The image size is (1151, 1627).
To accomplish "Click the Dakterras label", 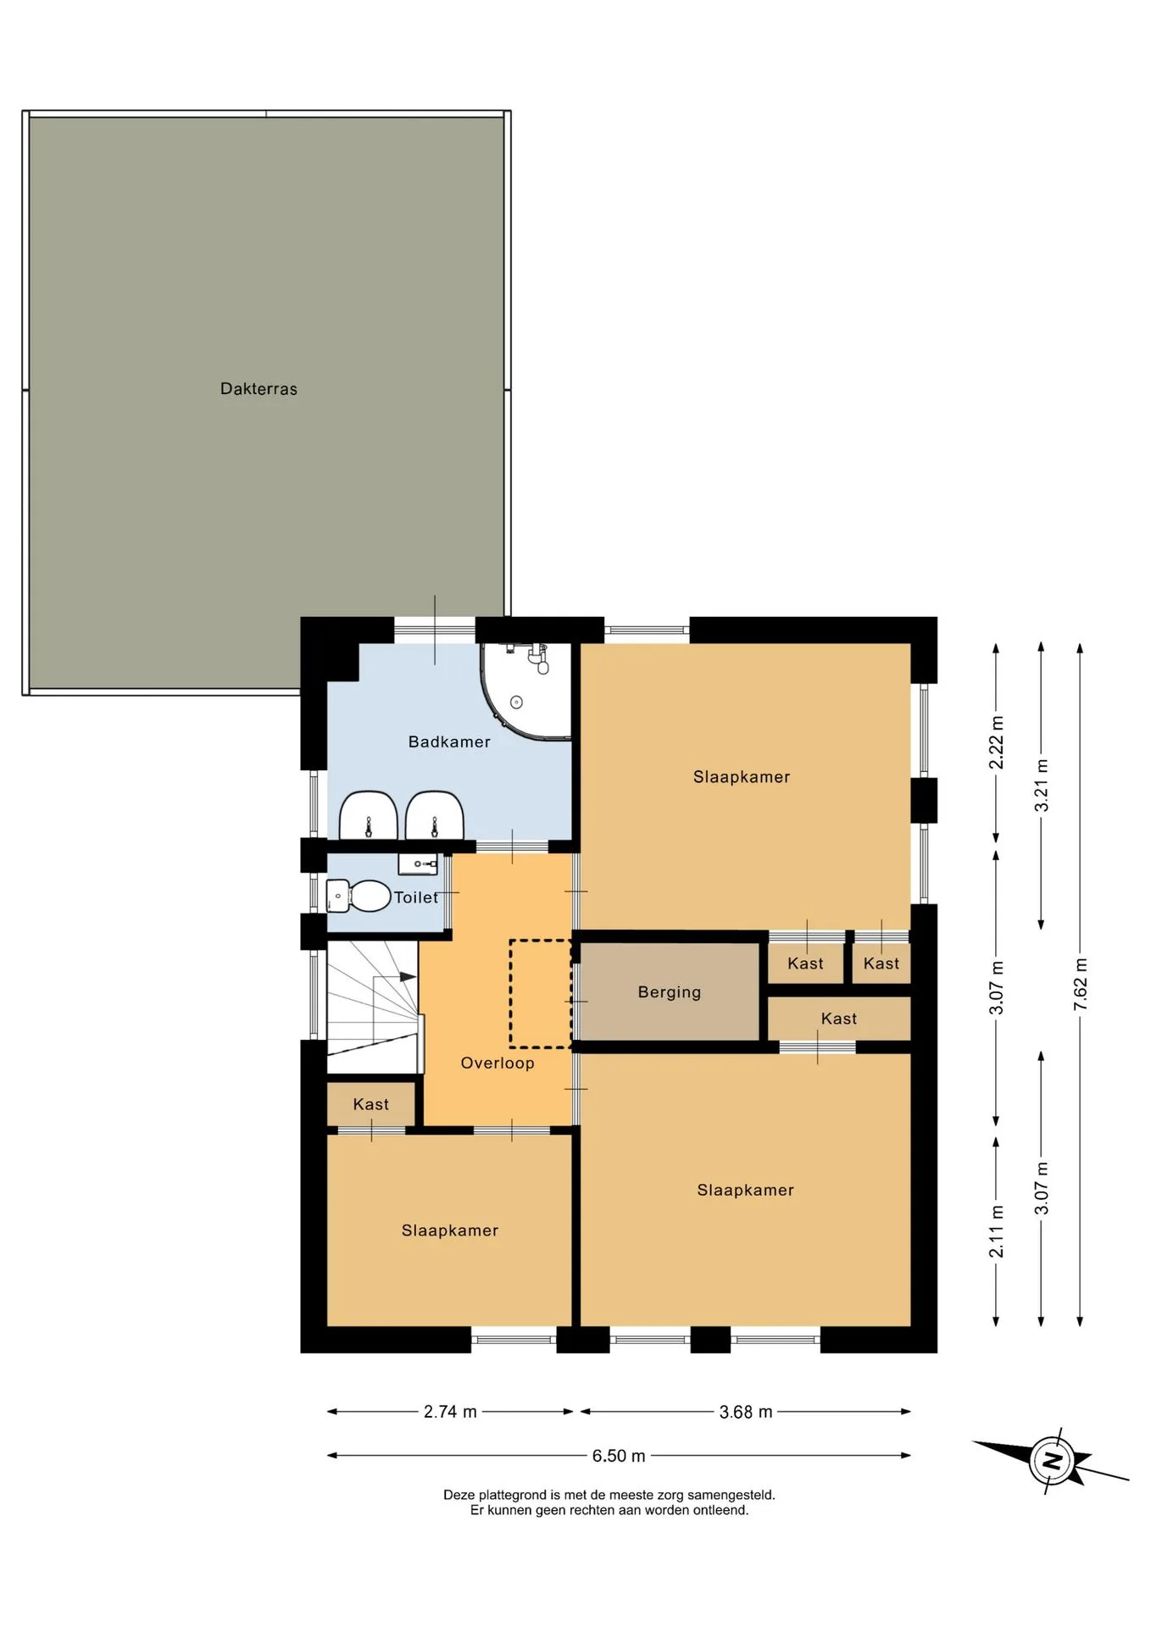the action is pyautogui.click(x=259, y=389).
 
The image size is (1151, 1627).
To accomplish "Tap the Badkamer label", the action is pyautogui.click(x=449, y=741).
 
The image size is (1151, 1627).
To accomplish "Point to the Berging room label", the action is pyautogui.click(x=670, y=992).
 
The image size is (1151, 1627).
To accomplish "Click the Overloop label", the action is pyautogui.click(x=498, y=1063).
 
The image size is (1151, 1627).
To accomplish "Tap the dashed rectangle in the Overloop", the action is pyautogui.click(x=541, y=993).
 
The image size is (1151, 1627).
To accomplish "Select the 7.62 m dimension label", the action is pyautogui.click(x=1080, y=984).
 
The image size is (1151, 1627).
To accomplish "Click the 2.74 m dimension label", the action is pyautogui.click(x=450, y=1412).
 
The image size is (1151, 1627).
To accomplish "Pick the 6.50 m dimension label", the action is pyautogui.click(x=619, y=1456).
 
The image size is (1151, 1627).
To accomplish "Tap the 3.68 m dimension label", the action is pyautogui.click(x=746, y=1412).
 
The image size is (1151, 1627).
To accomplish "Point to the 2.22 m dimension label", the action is pyautogui.click(x=996, y=742).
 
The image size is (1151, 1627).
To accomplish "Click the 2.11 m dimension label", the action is pyautogui.click(x=996, y=1231).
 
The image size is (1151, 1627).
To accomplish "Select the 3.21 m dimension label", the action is pyautogui.click(x=1041, y=786).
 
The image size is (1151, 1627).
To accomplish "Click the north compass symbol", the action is pyautogui.click(x=1051, y=1460).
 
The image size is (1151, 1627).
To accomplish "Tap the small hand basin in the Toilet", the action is pyautogui.click(x=418, y=863).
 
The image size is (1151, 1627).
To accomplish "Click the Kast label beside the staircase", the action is pyautogui.click(x=371, y=1104).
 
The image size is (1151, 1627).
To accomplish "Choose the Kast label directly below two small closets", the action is pyautogui.click(x=839, y=1019).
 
